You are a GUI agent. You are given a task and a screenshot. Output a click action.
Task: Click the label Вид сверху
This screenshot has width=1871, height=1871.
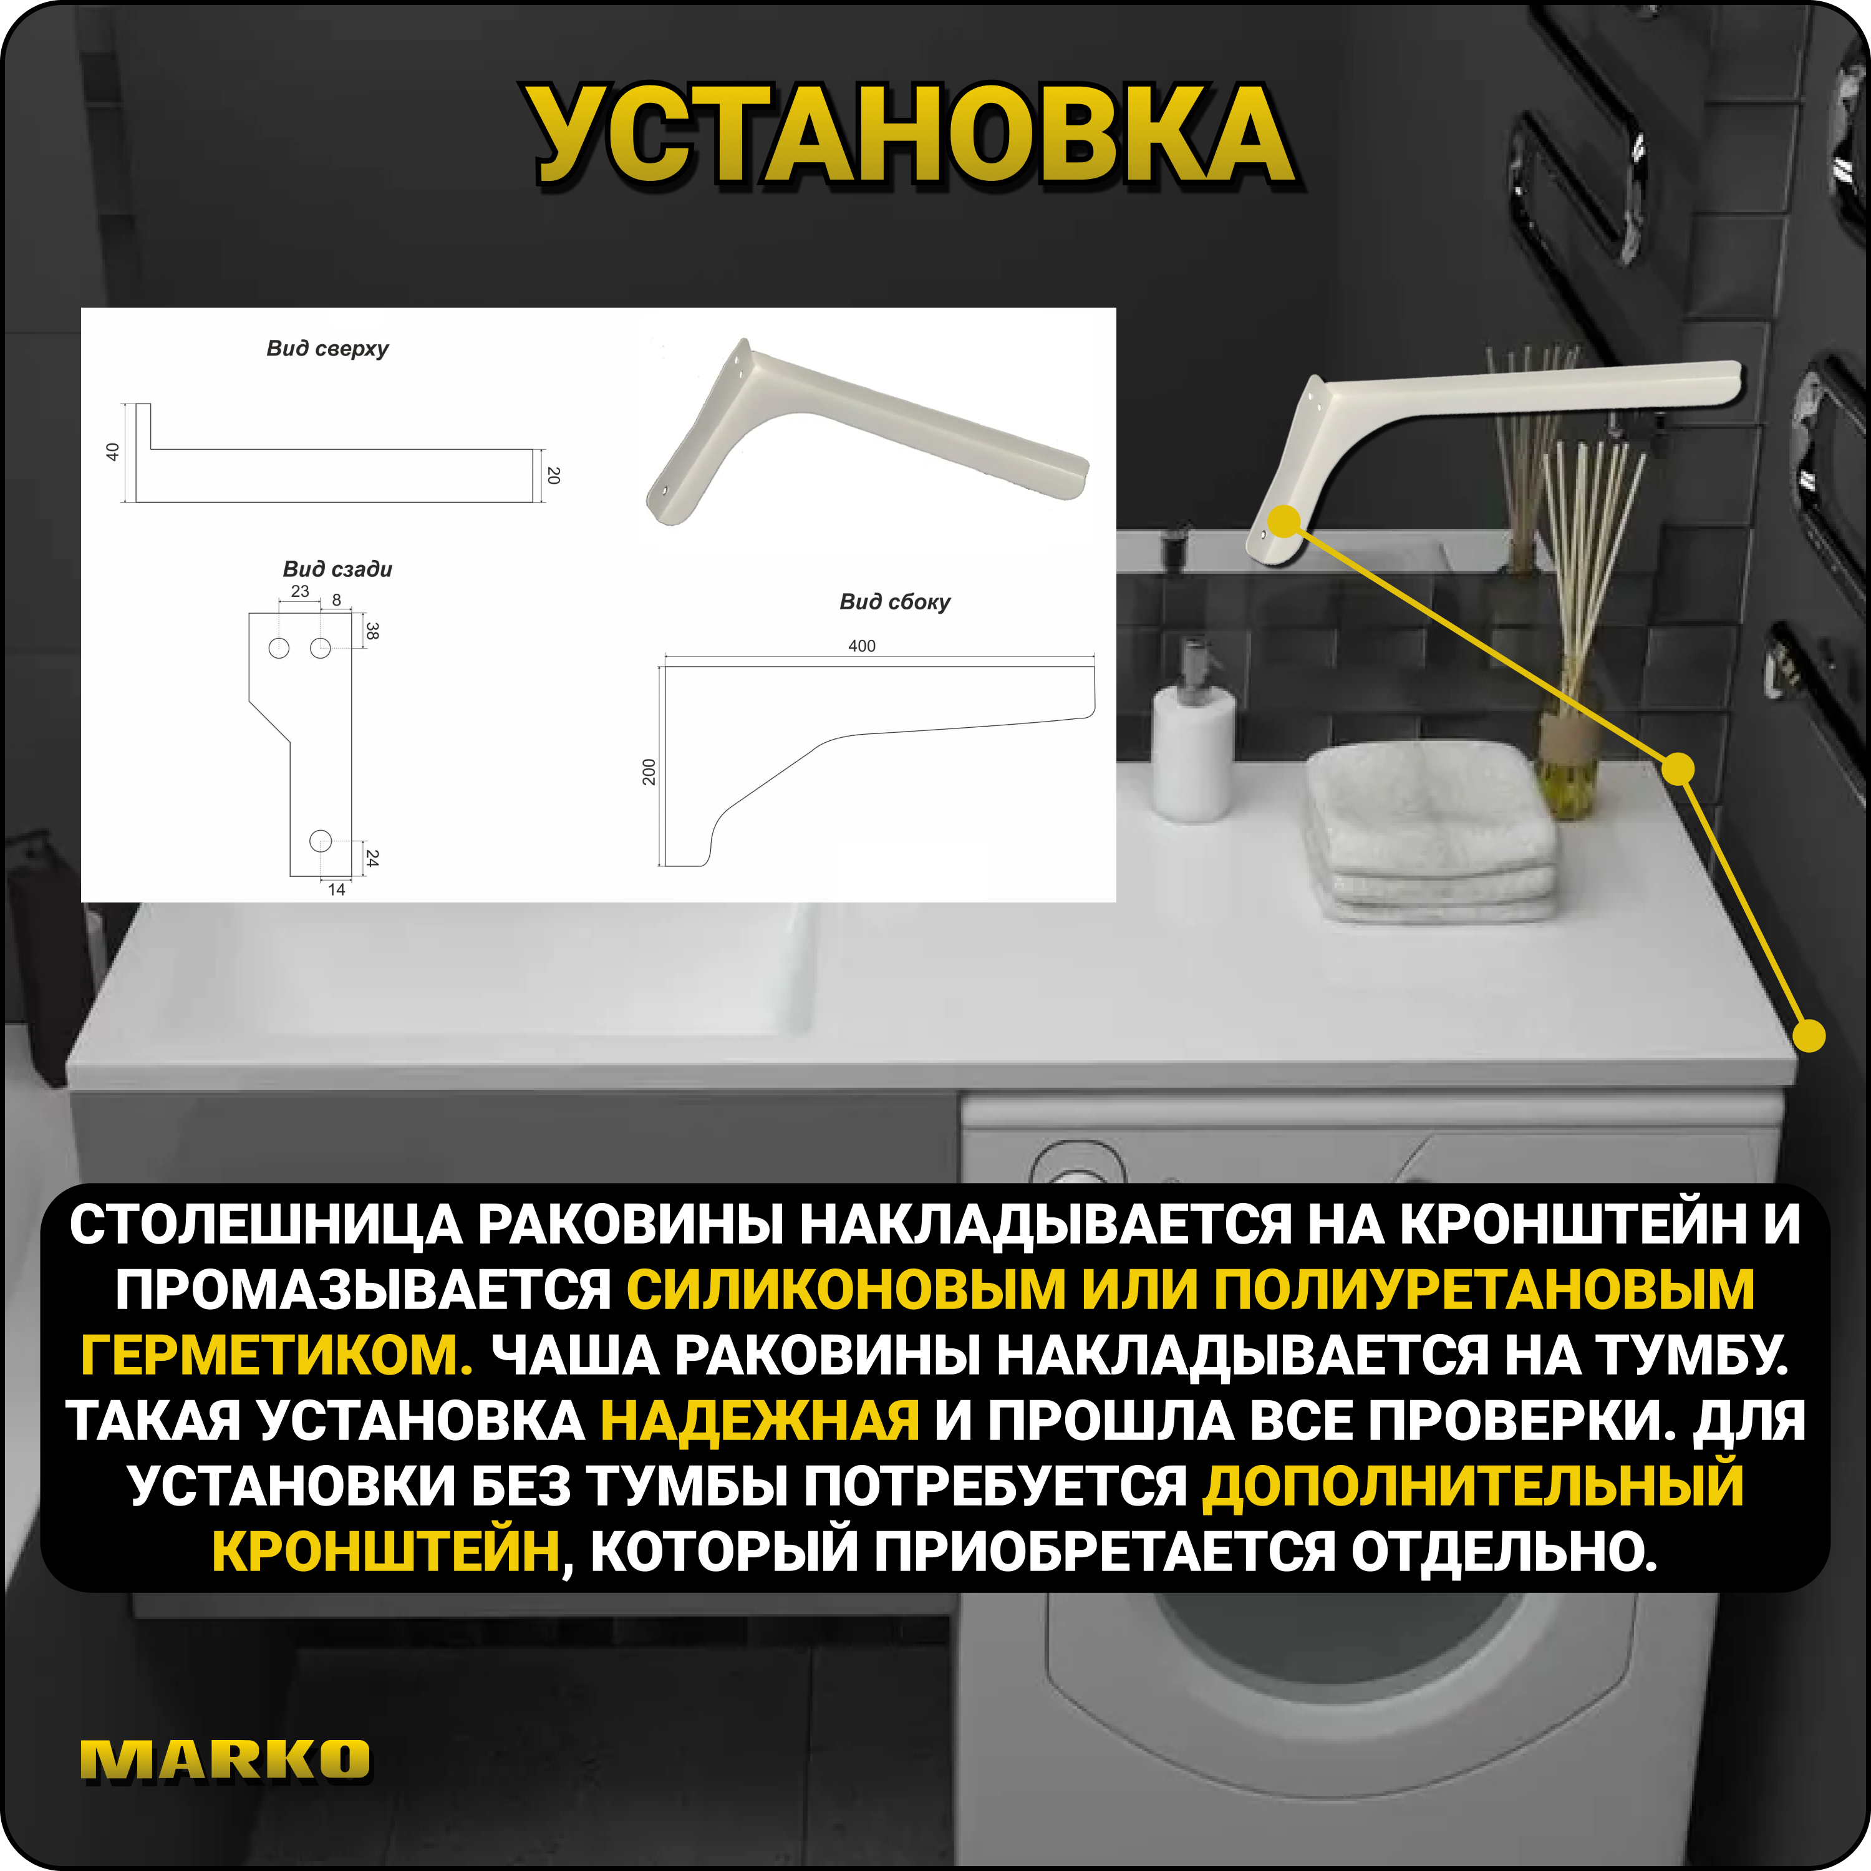pos(327,349)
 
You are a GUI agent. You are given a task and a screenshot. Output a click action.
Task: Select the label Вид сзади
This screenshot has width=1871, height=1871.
pos(337,569)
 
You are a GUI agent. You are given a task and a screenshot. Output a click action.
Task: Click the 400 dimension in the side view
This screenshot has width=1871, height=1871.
pos(861,646)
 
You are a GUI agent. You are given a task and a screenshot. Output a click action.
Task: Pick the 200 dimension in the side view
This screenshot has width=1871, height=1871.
pos(649,772)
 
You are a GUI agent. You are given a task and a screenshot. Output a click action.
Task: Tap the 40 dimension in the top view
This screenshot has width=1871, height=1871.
pos(112,452)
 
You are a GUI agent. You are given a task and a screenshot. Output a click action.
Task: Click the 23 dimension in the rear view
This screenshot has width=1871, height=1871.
pos(300,591)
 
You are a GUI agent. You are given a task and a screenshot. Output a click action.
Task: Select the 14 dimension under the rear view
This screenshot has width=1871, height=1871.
pos(336,889)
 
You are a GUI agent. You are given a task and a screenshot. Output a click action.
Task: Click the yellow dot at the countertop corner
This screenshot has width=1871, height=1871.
pos(1808,1035)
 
